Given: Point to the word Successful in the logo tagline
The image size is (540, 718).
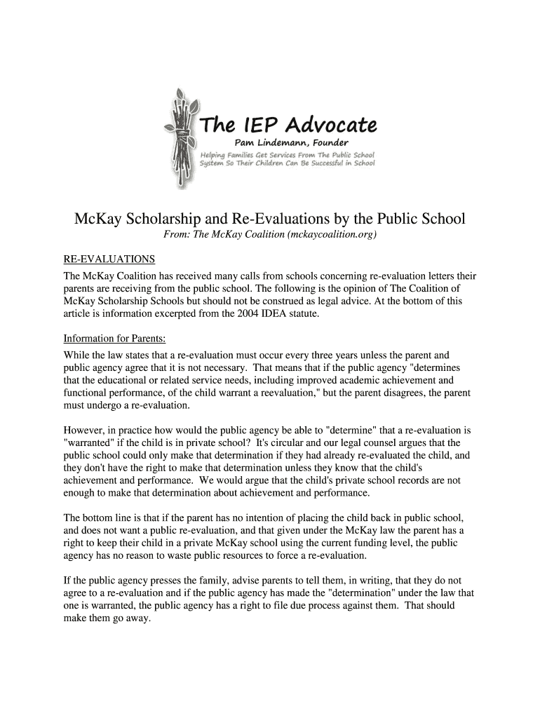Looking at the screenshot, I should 331,163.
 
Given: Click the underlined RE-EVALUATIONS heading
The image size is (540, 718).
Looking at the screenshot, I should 109,259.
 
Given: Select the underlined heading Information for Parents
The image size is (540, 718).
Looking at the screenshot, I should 114,339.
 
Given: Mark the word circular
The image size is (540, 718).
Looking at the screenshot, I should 276,443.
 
